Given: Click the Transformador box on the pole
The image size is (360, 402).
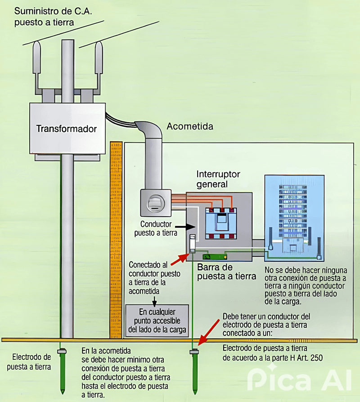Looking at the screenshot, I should coord(67,129).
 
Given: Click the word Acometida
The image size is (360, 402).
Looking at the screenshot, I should coord(190,127).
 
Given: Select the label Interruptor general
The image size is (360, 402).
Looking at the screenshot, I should coord(218,179).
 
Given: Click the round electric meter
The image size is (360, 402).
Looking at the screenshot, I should coord(154,202).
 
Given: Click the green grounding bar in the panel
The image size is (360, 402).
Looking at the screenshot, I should coord(214,257).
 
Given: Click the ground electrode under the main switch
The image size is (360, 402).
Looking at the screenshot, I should coord(195,371).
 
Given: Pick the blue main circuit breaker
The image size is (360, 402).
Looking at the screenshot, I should coord(220,224).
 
